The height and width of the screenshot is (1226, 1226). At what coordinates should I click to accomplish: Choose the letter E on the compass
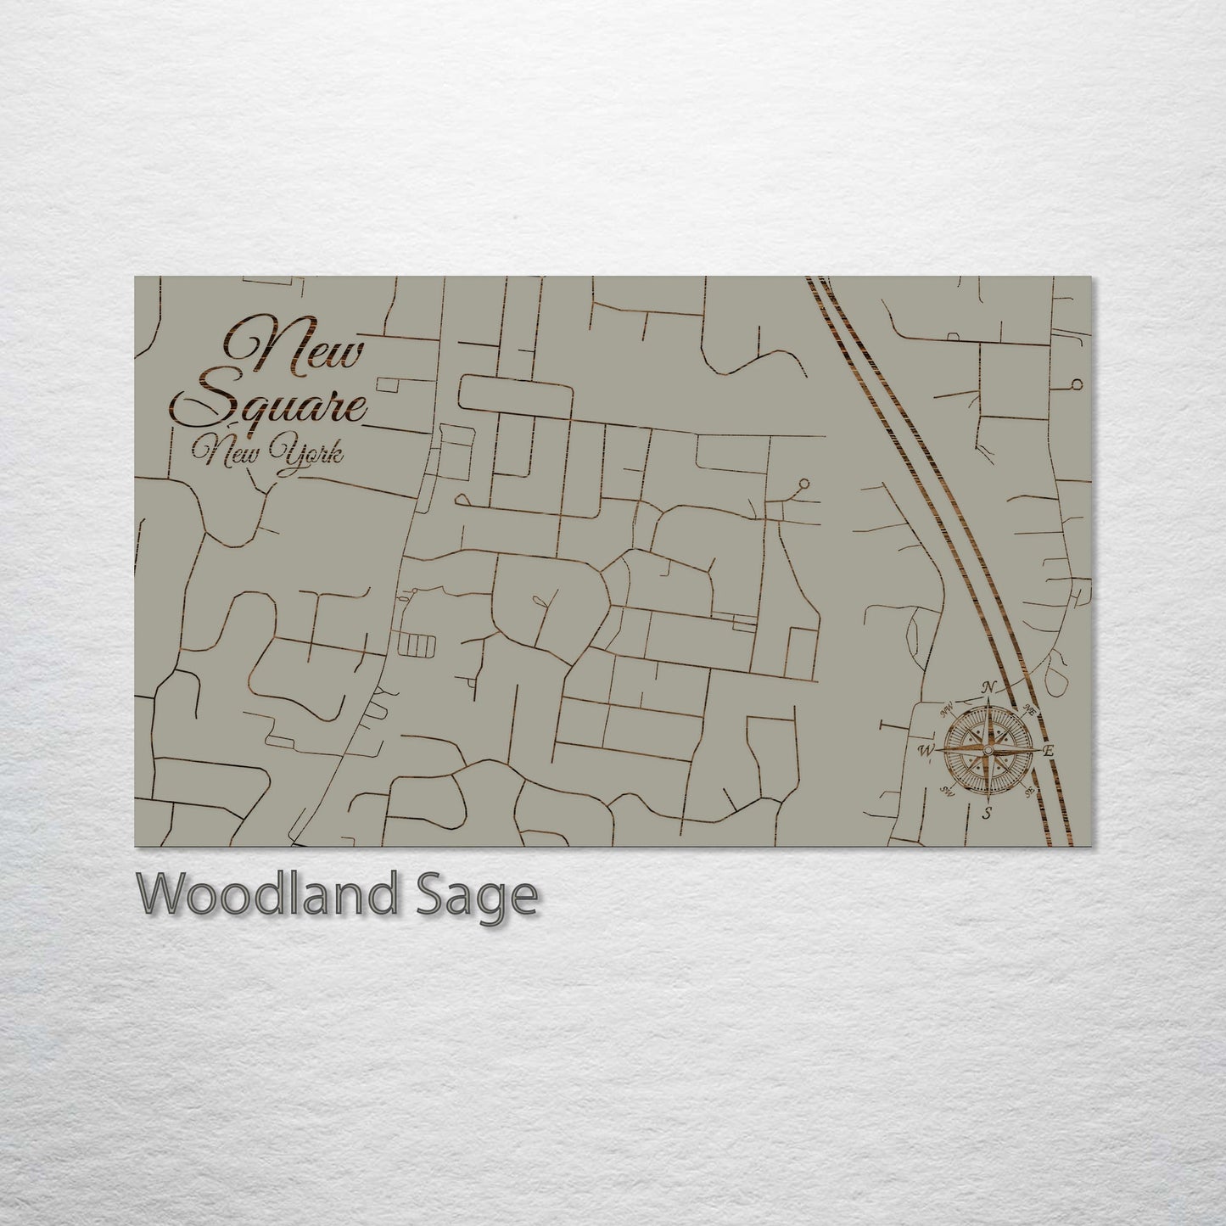tap(1049, 751)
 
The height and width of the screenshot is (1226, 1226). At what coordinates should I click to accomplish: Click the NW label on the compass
tap(948, 706)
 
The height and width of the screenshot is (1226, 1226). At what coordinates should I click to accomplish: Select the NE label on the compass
tap(1030, 709)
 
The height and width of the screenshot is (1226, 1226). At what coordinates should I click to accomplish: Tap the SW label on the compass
tap(947, 791)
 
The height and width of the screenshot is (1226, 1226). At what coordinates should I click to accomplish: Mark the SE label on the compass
tap(1029, 793)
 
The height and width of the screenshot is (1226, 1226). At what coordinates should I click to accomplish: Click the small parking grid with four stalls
tap(416, 647)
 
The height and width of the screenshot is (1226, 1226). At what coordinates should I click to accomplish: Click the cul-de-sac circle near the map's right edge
tap(1077, 384)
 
